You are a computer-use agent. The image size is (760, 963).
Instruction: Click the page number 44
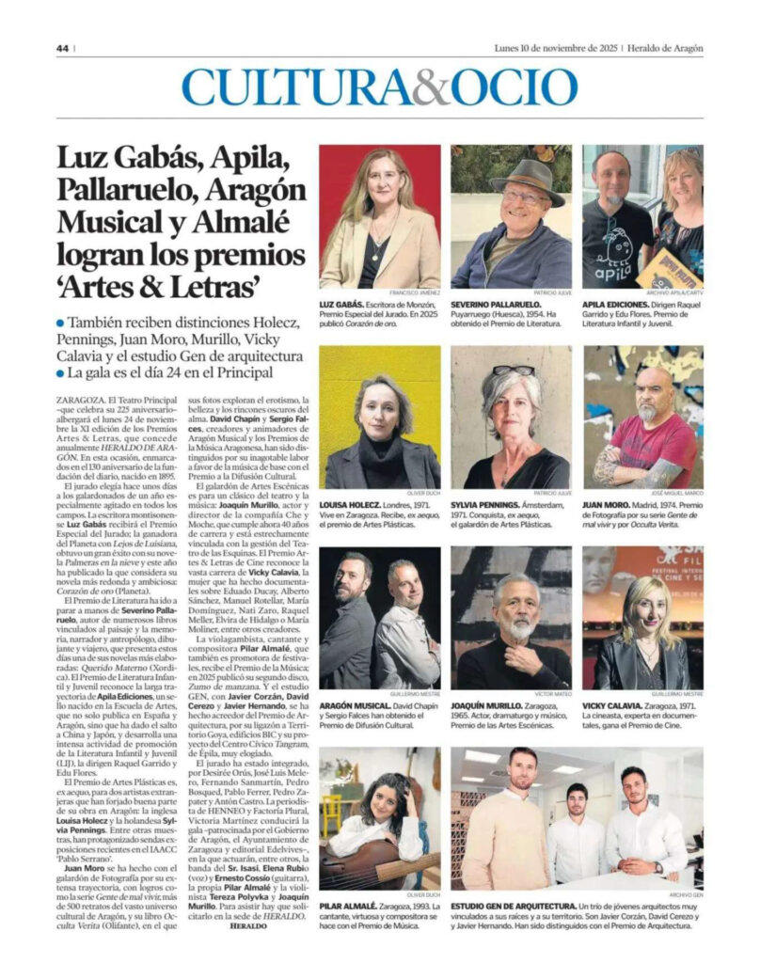(62, 49)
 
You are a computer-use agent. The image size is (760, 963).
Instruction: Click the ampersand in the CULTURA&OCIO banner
(430, 87)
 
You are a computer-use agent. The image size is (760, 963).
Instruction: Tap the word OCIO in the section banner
(509, 87)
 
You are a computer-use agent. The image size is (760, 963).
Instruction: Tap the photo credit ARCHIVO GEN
(684, 893)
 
